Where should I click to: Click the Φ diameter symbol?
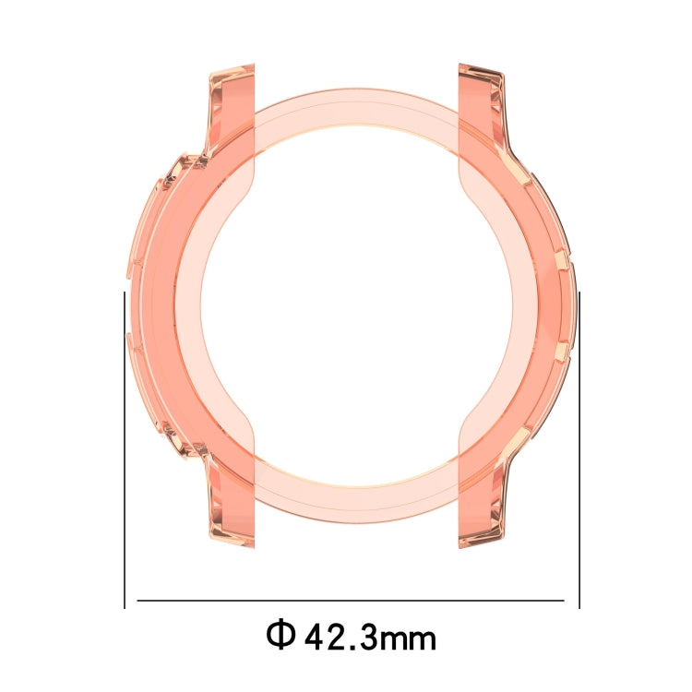[280, 636]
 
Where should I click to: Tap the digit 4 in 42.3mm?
[316, 637]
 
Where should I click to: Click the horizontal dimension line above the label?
[351, 601]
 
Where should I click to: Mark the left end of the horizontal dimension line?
[138, 601]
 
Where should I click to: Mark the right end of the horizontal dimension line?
[563, 601]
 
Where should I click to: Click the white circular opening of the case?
[355, 304]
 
